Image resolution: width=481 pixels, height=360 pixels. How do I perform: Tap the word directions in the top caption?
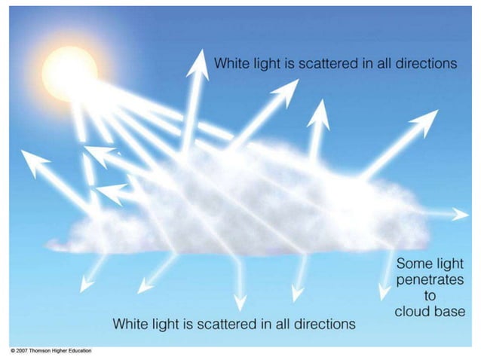point(421,64)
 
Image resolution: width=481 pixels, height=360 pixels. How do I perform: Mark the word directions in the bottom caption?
point(319,324)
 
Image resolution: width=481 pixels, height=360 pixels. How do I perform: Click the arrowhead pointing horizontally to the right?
point(461,215)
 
